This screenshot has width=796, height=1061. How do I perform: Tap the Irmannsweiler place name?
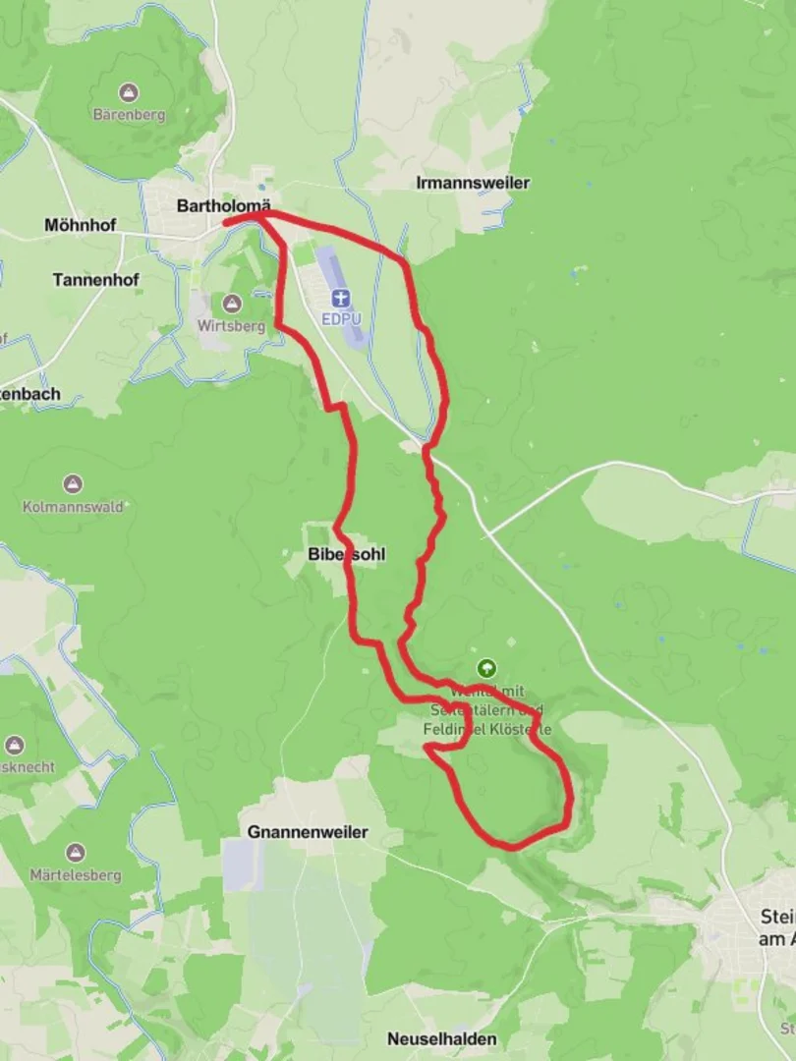pyautogui.click(x=473, y=183)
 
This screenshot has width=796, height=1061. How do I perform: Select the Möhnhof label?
pyautogui.click(x=80, y=225)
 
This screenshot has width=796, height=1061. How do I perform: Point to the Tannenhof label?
pyautogui.click(x=95, y=280)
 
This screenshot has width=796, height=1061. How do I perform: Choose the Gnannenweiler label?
pyautogui.click(x=308, y=832)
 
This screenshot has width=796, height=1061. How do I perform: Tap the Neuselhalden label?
pyautogui.click(x=441, y=1038)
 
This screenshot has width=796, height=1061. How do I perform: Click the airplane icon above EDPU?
pyautogui.click(x=340, y=299)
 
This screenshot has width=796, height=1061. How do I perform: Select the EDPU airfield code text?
pyautogui.click(x=340, y=318)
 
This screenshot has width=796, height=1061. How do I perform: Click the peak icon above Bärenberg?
pyautogui.click(x=129, y=93)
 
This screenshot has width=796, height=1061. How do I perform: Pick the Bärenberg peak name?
pyautogui.click(x=129, y=114)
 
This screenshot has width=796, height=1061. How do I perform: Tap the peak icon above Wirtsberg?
pyautogui.click(x=232, y=304)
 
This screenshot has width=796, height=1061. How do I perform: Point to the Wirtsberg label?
pyautogui.click(x=232, y=326)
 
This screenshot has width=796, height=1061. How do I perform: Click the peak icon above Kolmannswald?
pyautogui.click(x=73, y=484)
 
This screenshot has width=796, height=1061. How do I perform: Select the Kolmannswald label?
pyautogui.click(x=73, y=507)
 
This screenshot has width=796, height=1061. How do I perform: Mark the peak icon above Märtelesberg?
pyautogui.click(x=75, y=852)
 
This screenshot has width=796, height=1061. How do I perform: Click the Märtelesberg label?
pyautogui.click(x=75, y=874)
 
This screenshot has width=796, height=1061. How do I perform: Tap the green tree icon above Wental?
pyautogui.click(x=486, y=668)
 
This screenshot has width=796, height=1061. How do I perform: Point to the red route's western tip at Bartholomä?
pyautogui.click(x=226, y=224)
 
